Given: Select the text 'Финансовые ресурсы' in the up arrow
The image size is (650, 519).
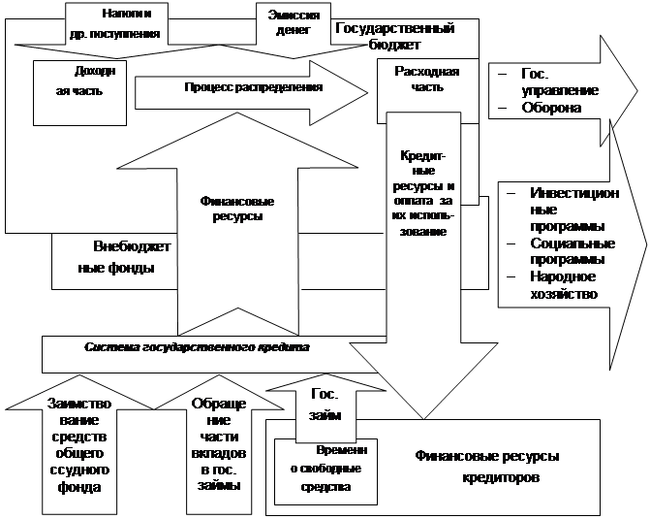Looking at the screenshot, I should [236, 210].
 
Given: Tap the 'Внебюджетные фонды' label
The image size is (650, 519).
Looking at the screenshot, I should [120, 256].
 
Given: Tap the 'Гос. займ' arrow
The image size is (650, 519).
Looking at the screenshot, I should [325, 405].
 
